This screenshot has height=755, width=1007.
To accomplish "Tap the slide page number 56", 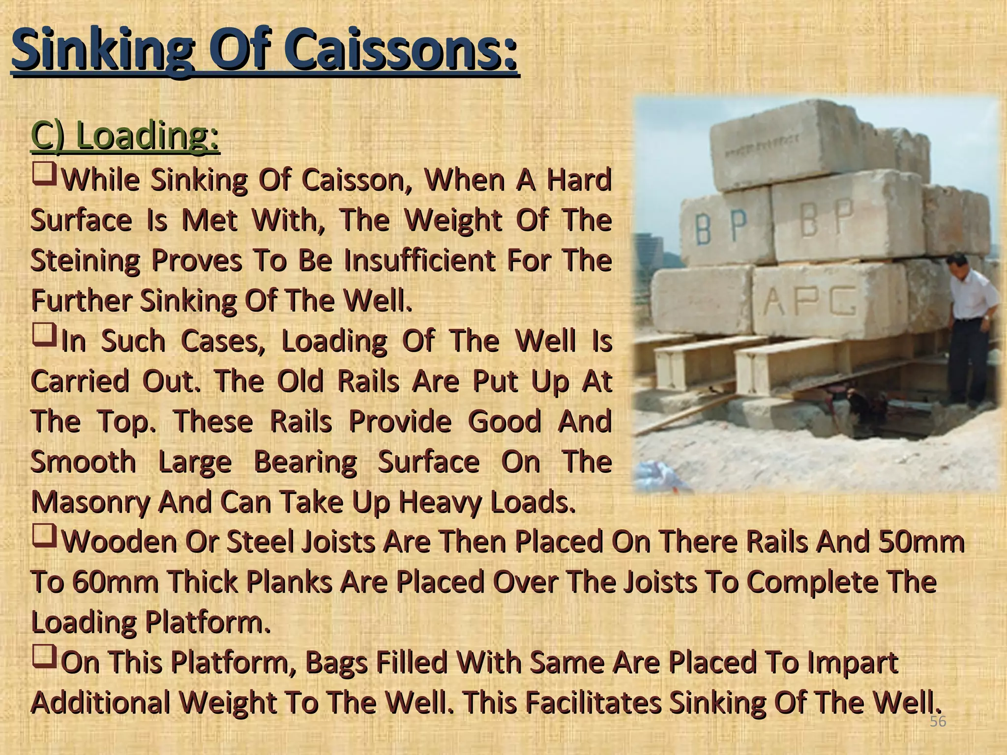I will tap(938, 722).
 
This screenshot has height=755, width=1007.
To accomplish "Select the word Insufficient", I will tap(419, 261).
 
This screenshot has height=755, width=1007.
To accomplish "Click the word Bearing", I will tap(304, 462).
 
